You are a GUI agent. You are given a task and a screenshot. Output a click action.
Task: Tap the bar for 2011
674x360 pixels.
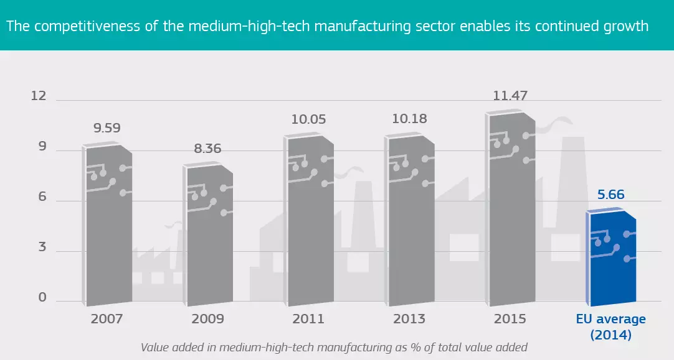point(309,221)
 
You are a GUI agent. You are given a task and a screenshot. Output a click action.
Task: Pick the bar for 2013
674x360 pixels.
point(410,221)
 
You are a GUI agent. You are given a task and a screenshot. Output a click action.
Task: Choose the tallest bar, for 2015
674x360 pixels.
point(511,208)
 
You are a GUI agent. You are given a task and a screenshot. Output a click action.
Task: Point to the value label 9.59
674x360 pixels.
point(107,129)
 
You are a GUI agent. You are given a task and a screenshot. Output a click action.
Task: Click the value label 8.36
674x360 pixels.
point(207,149)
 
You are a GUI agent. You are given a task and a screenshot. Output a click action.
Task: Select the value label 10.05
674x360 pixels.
point(309,119)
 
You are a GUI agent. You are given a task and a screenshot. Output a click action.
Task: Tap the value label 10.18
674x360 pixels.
point(410,118)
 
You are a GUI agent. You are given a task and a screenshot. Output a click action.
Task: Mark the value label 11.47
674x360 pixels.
point(510,96)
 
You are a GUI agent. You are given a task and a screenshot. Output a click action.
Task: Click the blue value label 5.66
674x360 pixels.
point(610,195)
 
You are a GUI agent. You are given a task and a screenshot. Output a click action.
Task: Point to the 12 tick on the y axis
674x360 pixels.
point(39,96)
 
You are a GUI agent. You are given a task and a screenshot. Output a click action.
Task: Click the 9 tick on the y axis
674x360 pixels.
point(42,147)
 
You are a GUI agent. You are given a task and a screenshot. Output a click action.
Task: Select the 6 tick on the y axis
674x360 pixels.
point(42,196)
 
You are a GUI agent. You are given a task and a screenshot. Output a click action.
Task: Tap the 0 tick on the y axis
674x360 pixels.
point(42,297)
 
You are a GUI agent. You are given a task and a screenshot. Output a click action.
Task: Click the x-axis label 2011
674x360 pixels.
point(308,319)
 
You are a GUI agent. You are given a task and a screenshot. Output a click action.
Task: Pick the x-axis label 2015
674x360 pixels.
point(510,319)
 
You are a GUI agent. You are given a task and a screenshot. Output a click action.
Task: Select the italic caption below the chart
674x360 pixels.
point(334,347)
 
